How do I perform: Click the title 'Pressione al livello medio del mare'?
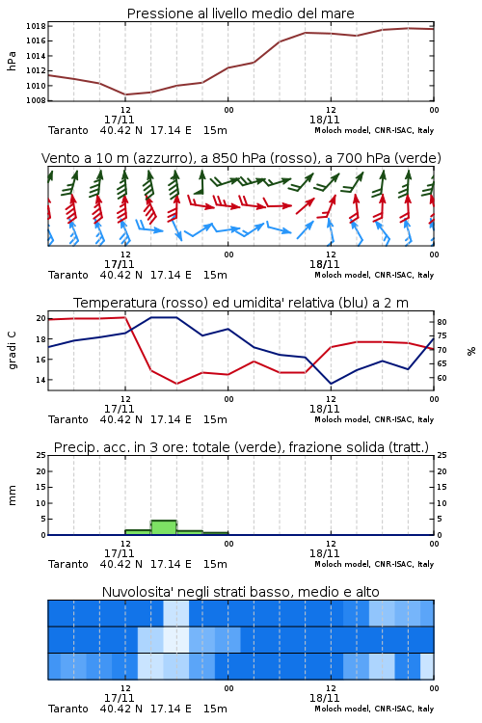(240, 13)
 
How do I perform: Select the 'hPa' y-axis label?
(12, 61)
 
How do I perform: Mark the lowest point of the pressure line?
(125, 94)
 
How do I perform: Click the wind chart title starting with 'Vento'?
(241, 158)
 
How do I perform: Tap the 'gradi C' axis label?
(12, 351)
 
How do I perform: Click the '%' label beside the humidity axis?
(471, 351)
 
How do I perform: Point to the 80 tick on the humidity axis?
(442, 322)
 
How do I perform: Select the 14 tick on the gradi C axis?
(40, 380)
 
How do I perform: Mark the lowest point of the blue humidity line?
(331, 384)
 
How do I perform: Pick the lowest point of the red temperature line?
(176, 384)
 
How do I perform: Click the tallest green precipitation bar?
(164, 527)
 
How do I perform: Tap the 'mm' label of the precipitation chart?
(12, 495)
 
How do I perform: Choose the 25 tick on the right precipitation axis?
(442, 455)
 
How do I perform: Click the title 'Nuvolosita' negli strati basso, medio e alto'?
(240, 592)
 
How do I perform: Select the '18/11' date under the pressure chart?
(324, 120)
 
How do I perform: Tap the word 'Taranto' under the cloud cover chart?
(68, 709)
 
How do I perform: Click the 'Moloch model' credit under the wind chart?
(341, 275)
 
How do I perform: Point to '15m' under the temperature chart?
(215, 419)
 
